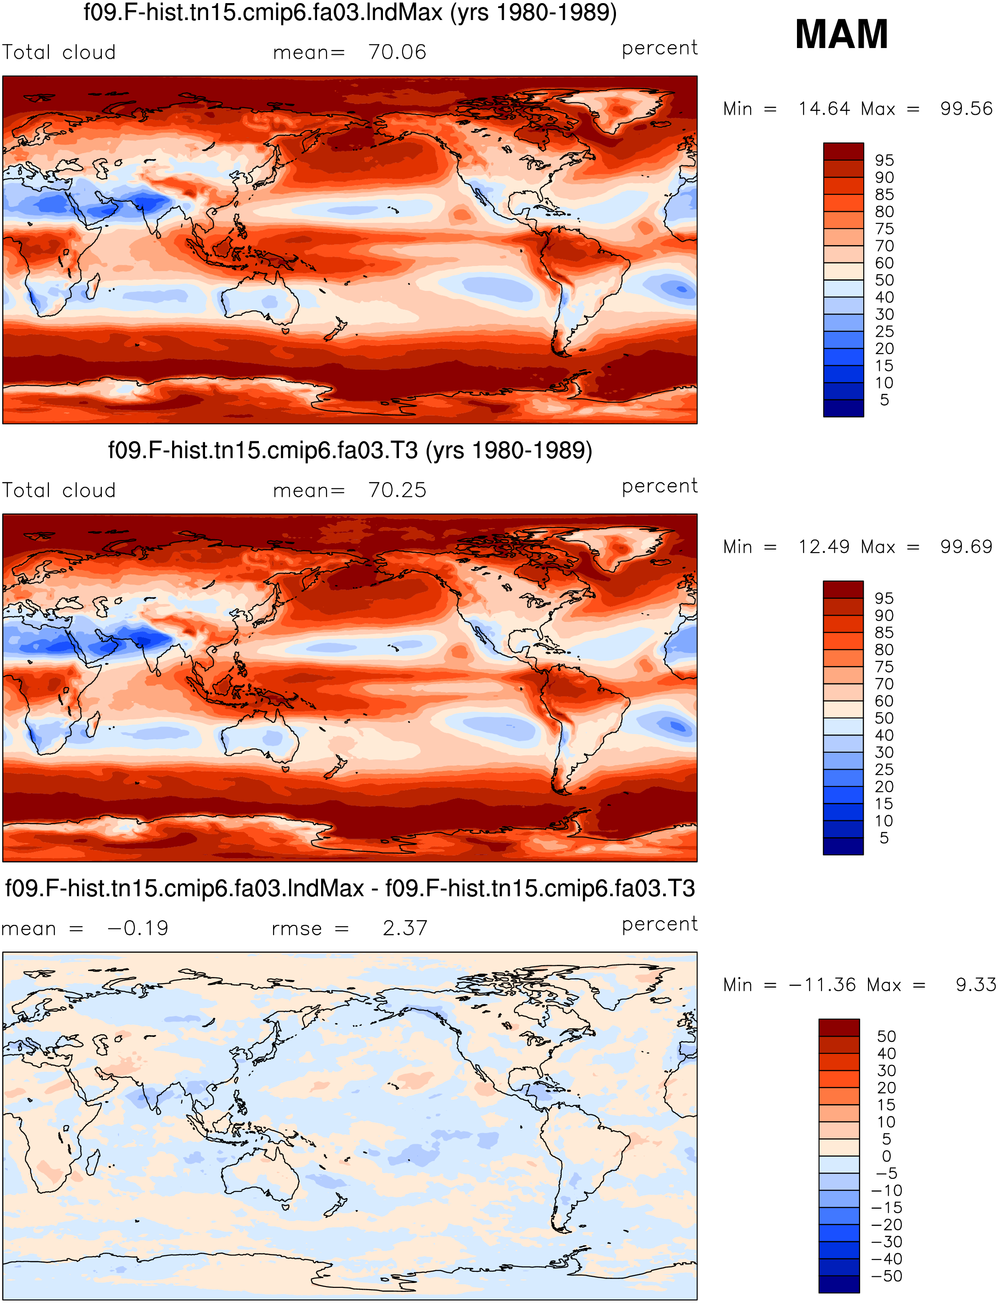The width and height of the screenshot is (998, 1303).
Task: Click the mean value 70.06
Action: point(398,52)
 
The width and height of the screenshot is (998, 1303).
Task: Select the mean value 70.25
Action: point(398,490)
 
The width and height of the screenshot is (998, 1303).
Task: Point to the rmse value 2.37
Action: point(405,928)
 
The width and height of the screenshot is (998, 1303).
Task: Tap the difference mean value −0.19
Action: point(138,928)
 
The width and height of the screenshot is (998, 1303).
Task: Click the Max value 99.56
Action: point(966,109)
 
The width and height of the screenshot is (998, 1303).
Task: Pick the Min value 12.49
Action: point(824,547)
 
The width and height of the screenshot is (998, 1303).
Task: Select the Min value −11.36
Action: point(823,984)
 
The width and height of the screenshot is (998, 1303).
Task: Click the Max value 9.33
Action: point(975,984)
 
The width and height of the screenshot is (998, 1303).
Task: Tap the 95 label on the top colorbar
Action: point(884,161)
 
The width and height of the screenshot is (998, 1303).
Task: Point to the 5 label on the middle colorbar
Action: point(884,838)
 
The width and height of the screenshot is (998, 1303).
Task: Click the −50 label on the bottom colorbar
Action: point(886,1276)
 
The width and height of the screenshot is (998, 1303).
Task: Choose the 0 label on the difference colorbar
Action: point(886,1156)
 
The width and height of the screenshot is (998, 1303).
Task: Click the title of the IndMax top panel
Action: point(350,12)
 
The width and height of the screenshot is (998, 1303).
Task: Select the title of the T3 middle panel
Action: point(350,450)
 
